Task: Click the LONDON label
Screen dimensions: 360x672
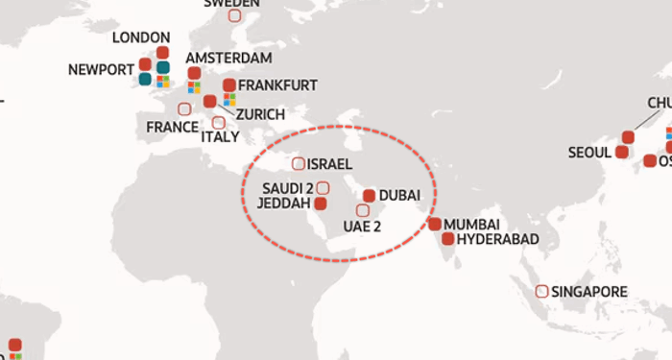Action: [141, 37]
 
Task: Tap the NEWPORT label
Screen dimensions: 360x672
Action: [101, 69]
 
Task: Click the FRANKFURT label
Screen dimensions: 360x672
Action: [277, 85]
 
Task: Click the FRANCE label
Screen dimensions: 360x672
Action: [173, 127]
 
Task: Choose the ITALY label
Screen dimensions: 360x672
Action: [220, 137]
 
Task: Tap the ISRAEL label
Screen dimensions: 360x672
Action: [330, 164]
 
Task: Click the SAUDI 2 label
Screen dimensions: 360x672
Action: [288, 187]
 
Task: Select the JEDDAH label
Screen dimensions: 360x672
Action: [285, 204]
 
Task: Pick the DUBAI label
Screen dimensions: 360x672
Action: [399, 195]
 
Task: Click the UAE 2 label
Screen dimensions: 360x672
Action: [363, 228]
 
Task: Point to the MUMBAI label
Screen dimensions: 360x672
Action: [471, 223]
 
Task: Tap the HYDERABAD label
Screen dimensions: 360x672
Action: [498, 239]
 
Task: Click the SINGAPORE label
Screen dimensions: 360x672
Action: [588, 291]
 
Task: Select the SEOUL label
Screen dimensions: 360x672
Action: [589, 152]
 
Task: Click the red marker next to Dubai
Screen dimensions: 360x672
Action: [369, 195]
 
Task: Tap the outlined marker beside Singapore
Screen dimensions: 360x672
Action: [541, 291]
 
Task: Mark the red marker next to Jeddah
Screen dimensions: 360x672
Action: [321, 204]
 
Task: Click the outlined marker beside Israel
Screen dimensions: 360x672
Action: [299, 164]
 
